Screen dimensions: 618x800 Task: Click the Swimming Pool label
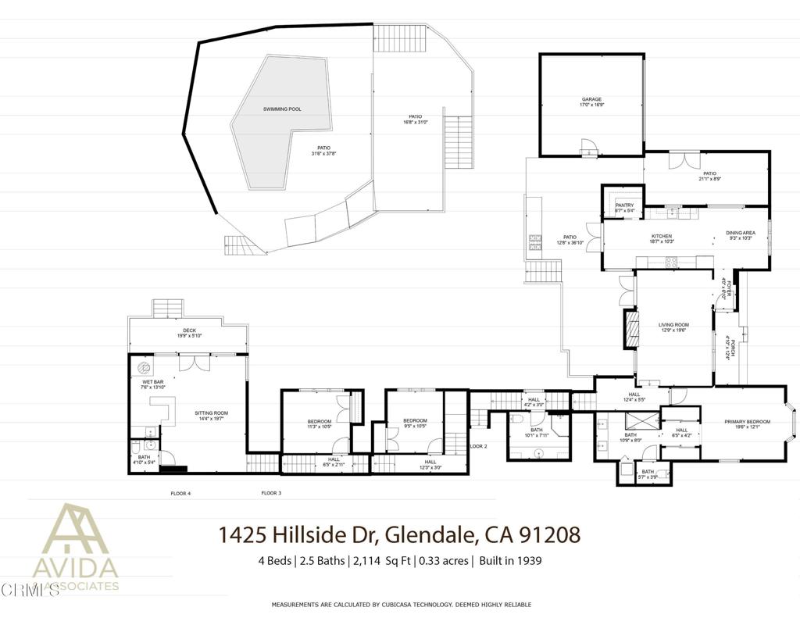pos(282,109)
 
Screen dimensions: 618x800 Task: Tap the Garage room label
pos(591,100)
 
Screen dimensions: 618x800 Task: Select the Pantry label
pos(624,205)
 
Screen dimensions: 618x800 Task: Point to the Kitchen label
pos(662,237)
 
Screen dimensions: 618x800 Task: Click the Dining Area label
pos(739,233)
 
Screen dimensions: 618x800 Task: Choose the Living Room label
pos(673,325)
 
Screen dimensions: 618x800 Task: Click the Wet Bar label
pos(152,382)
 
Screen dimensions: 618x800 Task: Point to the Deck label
pos(190,330)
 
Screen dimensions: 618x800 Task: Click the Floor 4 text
pos(180,493)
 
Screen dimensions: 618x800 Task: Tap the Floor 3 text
pos(271,493)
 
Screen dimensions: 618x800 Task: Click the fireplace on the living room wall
pos(629,329)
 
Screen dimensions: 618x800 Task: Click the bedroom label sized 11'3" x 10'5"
pos(319,422)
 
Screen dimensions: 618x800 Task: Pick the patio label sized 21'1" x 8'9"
pos(709,174)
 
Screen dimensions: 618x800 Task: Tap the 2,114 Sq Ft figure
pos(383,560)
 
